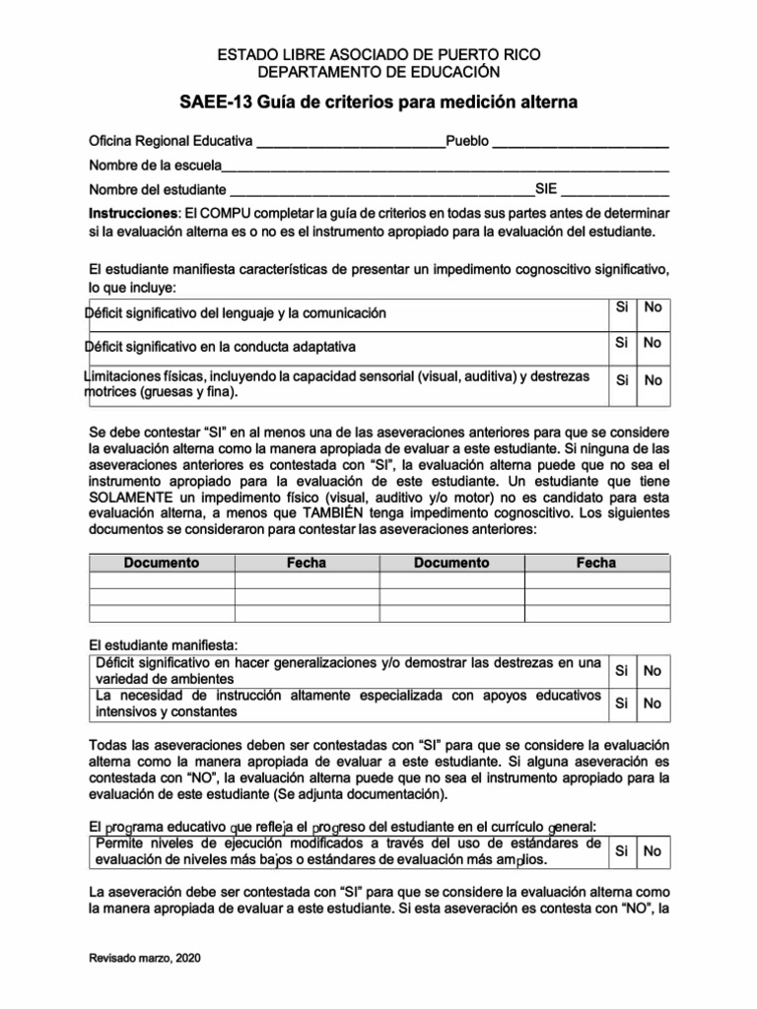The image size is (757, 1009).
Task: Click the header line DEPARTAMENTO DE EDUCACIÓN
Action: [x=378, y=72]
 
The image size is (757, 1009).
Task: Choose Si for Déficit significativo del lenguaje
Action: [x=622, y=308]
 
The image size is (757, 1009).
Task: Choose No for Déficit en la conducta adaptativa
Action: [x=652, y=344]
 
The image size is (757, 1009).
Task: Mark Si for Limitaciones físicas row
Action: [x=622, y=379]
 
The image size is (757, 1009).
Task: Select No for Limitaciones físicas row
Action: [x=652, y=379]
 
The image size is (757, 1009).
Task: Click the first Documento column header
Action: [x=162, y=563]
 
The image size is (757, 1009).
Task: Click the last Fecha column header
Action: [x=596, y=563]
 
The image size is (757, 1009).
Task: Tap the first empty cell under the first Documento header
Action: [x=162, y=580]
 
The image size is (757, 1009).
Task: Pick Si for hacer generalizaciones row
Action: [x=622, y=671]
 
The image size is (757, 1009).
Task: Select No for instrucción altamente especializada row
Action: [x=652, y=704]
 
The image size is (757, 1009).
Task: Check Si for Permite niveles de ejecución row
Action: [x=622, y=851]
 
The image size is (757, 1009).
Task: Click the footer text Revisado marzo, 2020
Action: [x=145, y=958]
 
